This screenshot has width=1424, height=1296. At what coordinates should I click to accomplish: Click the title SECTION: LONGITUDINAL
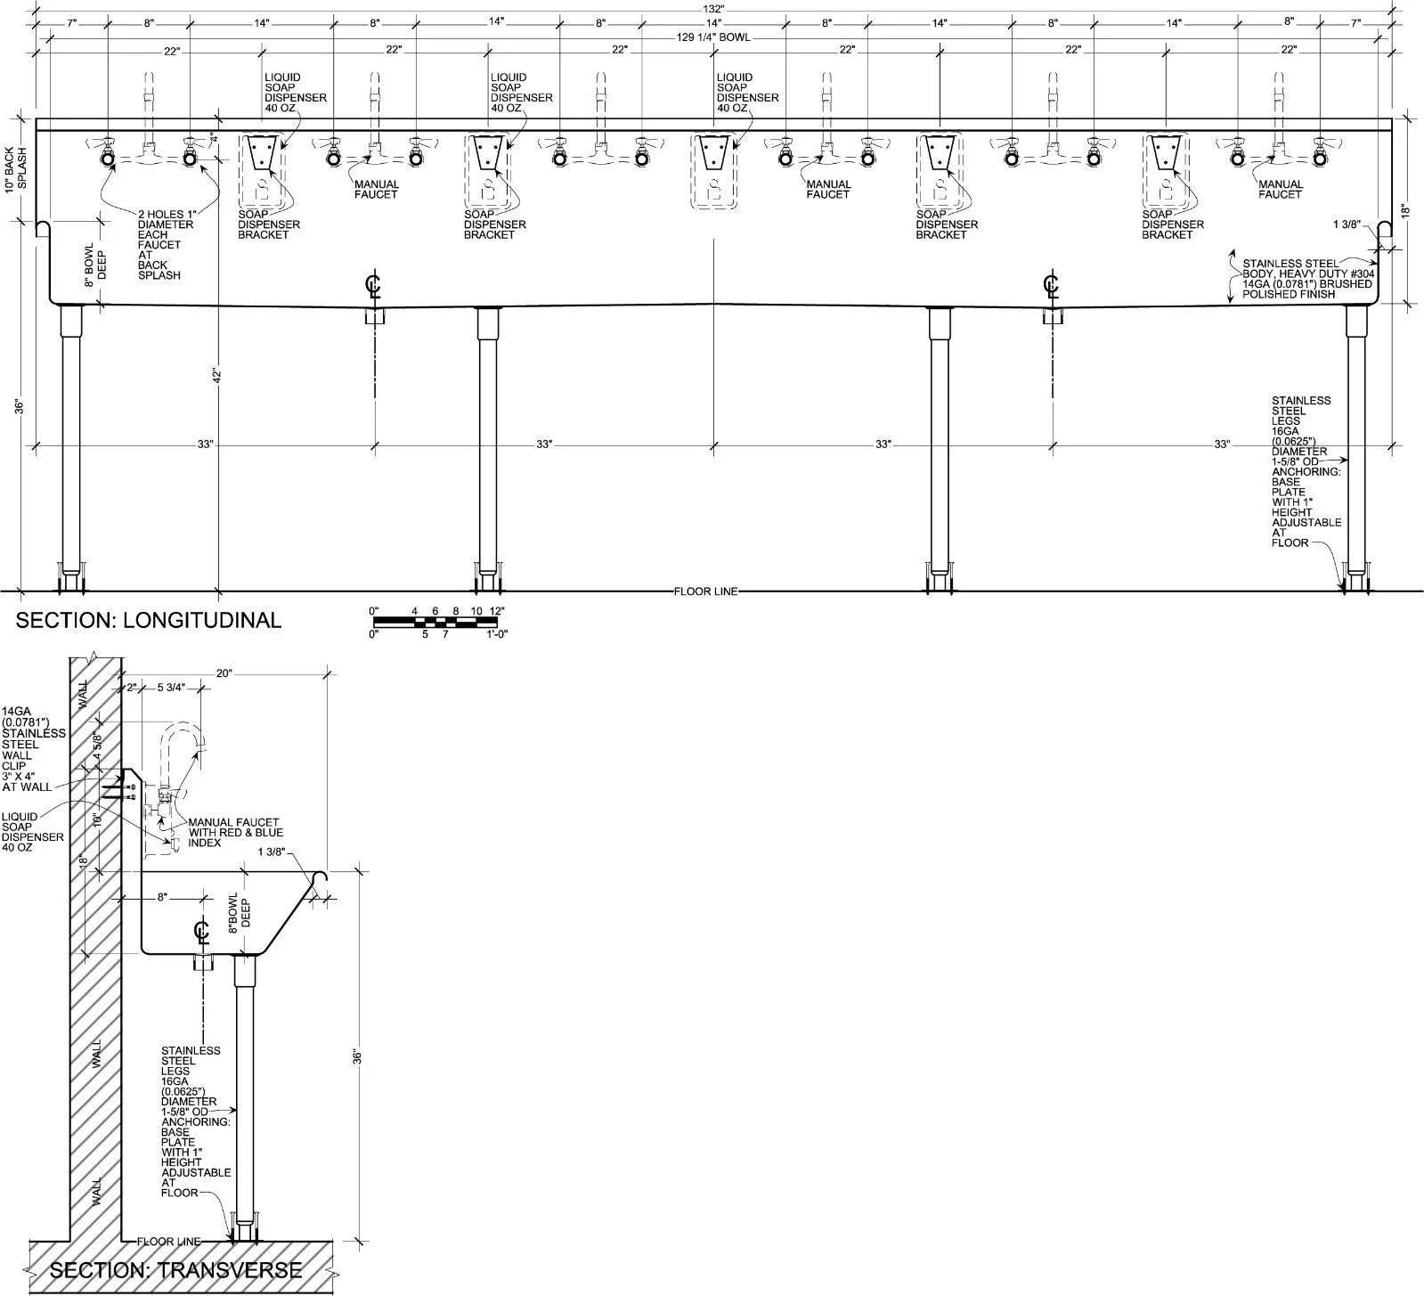[x=149, y=620]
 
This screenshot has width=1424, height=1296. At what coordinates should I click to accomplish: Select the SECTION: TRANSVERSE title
[x=175, y=1269]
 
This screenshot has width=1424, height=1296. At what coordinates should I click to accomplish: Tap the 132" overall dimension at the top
[x=713, y=8]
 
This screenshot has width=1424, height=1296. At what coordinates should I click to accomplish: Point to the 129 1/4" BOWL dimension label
[x=712, y=37]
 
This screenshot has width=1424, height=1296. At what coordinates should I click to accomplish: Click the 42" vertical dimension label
[x=216, y=377]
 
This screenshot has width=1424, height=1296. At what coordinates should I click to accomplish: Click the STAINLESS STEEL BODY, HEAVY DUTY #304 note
[x=1307, y=279]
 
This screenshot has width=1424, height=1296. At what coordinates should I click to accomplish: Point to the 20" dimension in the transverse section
[x=224, y=673]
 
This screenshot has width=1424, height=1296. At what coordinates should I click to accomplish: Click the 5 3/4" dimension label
[x=170, y=688]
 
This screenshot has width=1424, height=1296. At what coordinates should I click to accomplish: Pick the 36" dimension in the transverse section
[x=358, y=1057]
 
